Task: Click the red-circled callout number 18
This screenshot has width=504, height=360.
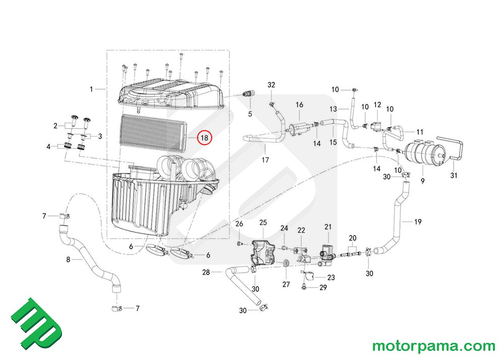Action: [205, 137]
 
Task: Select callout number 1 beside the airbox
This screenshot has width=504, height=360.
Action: [92, 89]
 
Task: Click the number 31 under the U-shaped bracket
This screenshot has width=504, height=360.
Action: [453, 176]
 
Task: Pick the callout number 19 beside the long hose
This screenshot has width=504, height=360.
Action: [418, 222]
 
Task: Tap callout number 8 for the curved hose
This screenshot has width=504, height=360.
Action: [69, 260]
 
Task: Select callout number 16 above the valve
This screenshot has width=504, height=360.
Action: [299, 105]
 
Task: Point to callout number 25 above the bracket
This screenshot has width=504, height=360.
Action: [263, 222]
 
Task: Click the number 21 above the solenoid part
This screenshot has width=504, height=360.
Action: [328, 226]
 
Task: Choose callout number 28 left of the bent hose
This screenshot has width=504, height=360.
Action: [206, 272]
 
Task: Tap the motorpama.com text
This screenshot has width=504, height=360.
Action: [433, 346]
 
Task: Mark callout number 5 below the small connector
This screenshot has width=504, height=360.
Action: [249, 114]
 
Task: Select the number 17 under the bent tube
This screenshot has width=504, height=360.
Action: [265, 160]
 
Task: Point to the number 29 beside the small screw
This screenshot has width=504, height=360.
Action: [323, 288]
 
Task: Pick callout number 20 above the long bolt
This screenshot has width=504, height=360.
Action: [353, 237]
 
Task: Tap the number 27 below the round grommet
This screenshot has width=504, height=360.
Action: [286, 284]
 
